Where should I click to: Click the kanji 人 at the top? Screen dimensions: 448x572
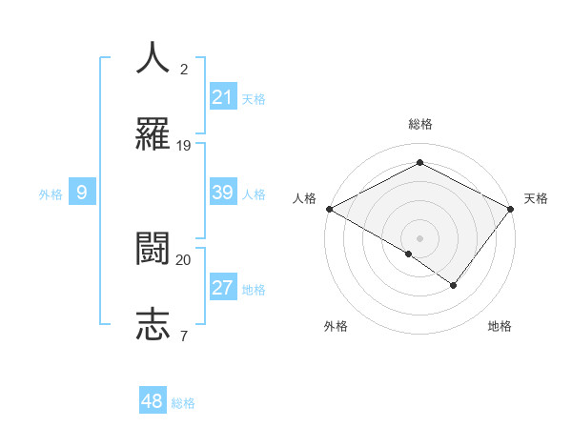pyautogui.click(x=153, y=57)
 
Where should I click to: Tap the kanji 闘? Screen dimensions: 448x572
pyautogui.click(x=153, y=249)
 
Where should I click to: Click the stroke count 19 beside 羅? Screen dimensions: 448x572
pyautogui.click(x=184, y=145)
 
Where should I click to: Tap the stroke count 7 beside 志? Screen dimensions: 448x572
pyautogui.click(x=183, y=335)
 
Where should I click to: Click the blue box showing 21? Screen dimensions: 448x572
pyautogui.click(x=223, y=97)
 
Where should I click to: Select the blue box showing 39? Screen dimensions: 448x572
pyautogui.click(x=223, y=193)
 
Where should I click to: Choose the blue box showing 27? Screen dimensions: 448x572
pyautogui.click(x=223, y=288)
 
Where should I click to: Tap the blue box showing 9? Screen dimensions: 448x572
pyautogui.click(x=82, y=193)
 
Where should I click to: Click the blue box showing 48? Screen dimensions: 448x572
pyautogui.click(x=153, y=401)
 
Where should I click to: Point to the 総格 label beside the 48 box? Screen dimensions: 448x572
pyautogui.click(x=183, y=403)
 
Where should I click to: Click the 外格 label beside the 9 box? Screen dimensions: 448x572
pyautogui.click(x=51, y=194)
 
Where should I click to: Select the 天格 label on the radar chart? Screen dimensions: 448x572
pyautogui.click(x=537, y=198)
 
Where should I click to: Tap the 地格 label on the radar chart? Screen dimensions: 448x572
pyautogui.click(x=500, y=326)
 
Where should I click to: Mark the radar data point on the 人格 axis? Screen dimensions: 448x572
pyautogui.click(x=329, y=209)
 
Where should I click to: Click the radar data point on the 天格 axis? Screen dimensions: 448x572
pyautogui.click(x=512, y=208)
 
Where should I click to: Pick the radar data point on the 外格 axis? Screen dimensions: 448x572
pyautogui.click(x=409, y=254)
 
